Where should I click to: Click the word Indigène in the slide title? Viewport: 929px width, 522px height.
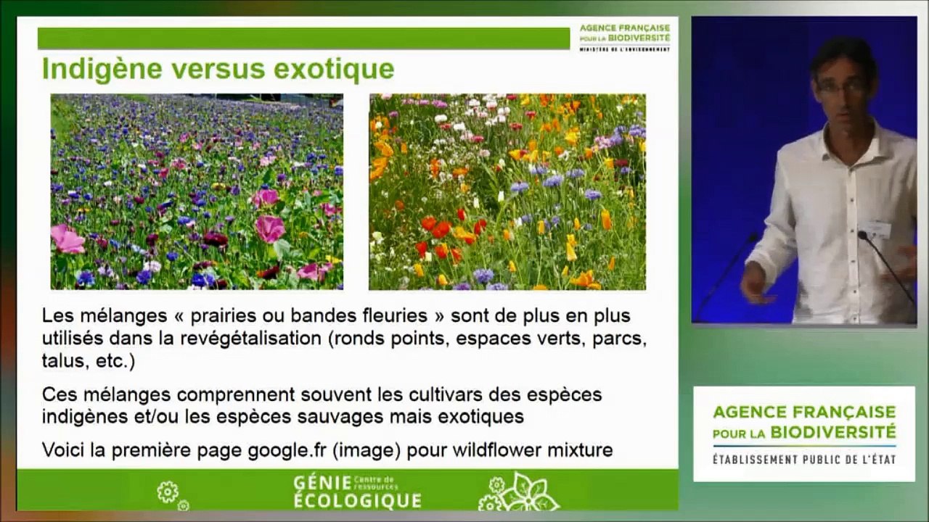(x=102, y=70)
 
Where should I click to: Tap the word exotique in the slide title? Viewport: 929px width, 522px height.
(x=334, y=70)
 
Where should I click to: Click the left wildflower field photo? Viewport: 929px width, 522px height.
(x=197, y=191)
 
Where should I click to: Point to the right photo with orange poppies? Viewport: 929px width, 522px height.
(x=507, y=191)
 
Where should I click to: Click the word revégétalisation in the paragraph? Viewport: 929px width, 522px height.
(x=251, y=339)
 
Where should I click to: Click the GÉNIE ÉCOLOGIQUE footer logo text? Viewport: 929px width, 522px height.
(x=357, y=492)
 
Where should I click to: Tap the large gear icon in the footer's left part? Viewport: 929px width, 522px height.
(x=168, y=492)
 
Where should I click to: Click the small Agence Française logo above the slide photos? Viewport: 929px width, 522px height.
(x=625, y=38)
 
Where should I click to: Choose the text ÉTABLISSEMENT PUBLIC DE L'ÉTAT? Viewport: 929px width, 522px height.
(x=804, y=460)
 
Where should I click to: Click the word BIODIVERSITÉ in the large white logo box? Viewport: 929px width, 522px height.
(x=833, y=433)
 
